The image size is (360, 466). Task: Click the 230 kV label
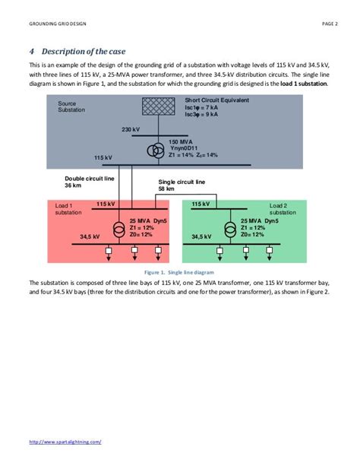click(x=131, y=129)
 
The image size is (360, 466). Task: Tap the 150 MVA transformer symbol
click(x=154, y=150)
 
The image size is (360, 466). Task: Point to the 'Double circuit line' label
click(x=90, y=178)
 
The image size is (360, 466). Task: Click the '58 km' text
click(x=166, y=189)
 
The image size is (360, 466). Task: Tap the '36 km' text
click(x=74, y=185)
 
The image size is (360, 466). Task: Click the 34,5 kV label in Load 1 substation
click(x=90, y=237)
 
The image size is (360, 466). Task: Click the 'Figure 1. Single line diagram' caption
click(x=179, y=271)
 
